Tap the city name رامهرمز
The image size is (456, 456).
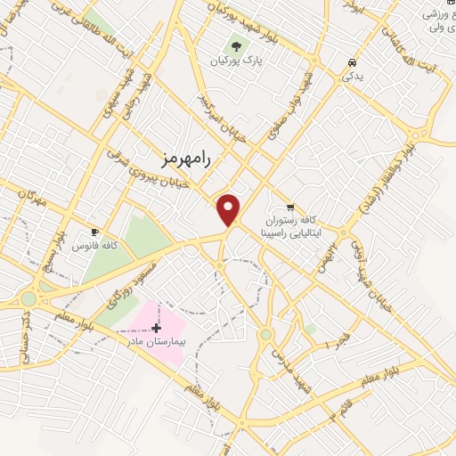[184, 159]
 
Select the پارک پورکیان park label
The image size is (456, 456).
[233, 61]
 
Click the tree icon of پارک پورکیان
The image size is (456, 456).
[235, 45]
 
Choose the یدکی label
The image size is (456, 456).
[354, 77]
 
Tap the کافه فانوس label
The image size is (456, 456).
[95, 246]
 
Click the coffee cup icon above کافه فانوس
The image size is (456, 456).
[95, 232]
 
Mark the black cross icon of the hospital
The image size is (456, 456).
[157, 328]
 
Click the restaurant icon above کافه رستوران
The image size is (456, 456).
[289, 206]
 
